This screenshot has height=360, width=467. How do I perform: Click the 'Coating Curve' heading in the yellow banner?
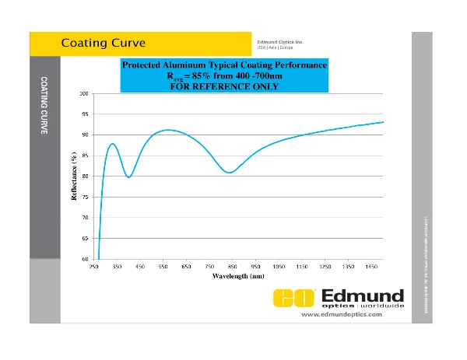(104, 42)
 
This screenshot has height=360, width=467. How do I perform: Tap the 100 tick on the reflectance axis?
(83, 94)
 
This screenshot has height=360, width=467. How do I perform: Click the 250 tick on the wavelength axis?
(94, 267)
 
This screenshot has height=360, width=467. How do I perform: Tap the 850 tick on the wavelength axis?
(233, 267)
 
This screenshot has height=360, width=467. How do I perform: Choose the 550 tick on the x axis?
(163, 267)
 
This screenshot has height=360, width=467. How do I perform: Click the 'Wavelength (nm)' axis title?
(239, 276)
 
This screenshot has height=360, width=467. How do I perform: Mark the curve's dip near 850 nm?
(230, 173)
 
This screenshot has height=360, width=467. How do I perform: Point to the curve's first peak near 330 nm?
(113, 144)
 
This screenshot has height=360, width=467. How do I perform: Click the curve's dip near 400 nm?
(128, 177)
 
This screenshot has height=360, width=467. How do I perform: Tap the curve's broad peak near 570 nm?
(167, 130)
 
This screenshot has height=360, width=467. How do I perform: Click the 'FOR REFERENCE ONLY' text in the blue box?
(224, 86)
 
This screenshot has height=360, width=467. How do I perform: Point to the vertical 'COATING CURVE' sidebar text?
(44, 107)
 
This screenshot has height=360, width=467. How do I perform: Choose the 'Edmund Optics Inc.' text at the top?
(280, 40)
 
